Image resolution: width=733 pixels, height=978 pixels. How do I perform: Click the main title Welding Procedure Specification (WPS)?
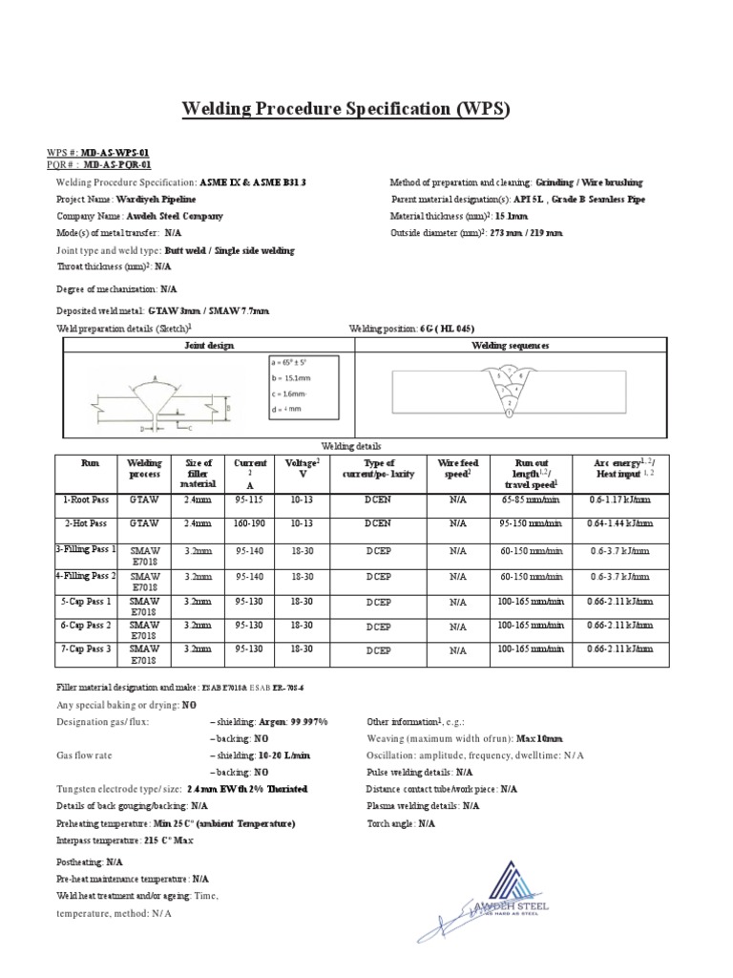pos(346,110)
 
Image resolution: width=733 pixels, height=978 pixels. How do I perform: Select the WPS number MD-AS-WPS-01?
pos(114,153)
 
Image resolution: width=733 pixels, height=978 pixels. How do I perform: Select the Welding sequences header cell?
pos(511,346)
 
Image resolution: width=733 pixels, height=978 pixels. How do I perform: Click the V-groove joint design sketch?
pos(157,397)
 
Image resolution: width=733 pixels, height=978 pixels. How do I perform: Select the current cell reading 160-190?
pos(250,523)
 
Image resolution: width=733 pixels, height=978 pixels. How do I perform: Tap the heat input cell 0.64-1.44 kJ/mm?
pos(619,523)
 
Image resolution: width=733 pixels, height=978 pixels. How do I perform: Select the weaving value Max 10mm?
pos(539,738)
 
